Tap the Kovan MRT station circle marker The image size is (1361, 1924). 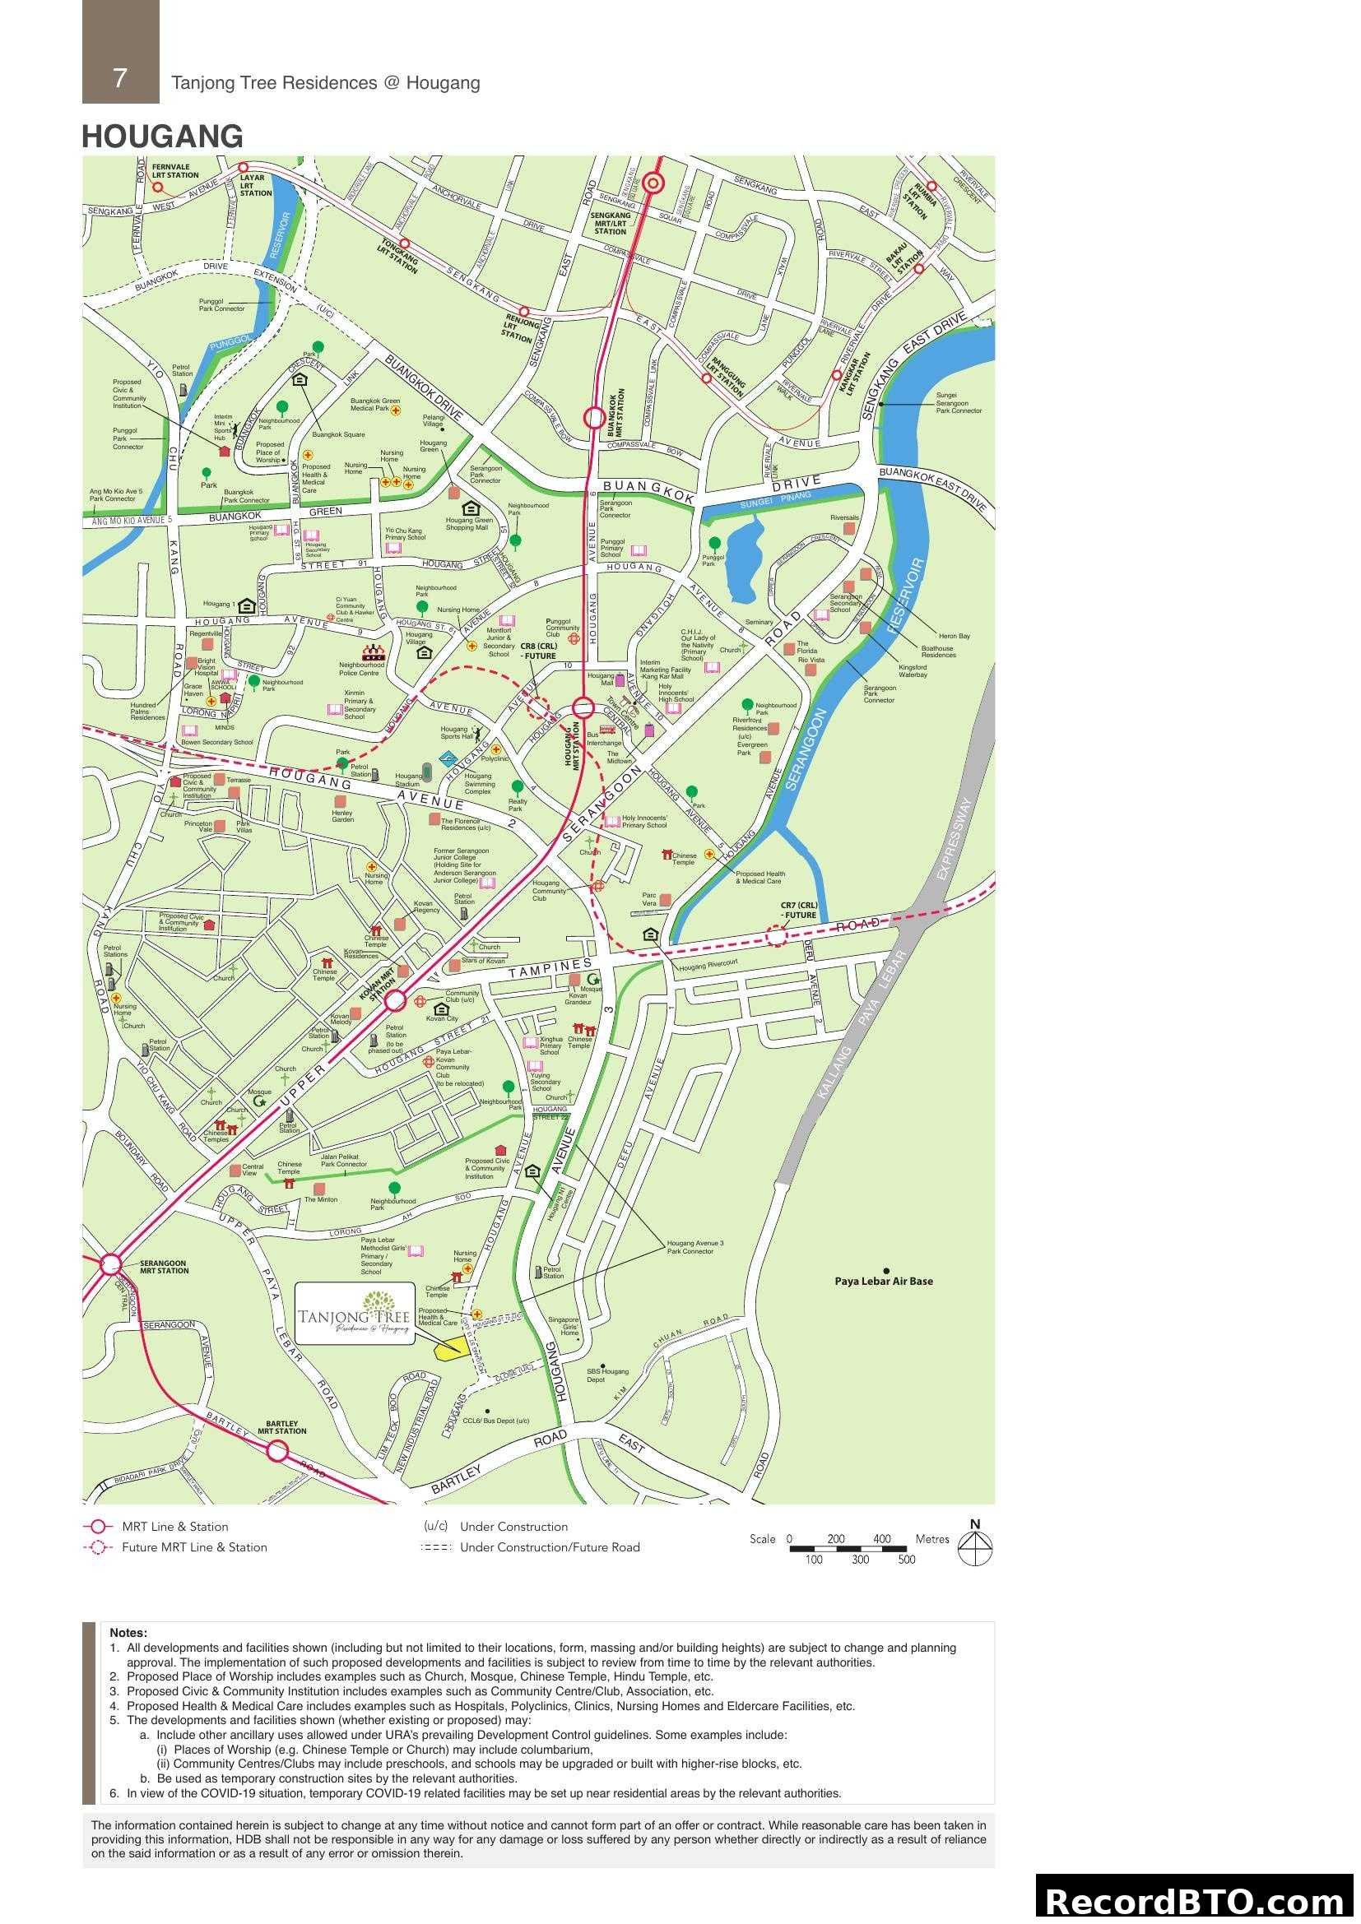pos(396,1000)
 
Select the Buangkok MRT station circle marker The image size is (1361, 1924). pos(594,417)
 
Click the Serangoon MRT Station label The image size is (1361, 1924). pos(164,1267)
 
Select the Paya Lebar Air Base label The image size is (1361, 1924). pos(883,1282)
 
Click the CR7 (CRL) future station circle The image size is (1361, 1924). pos(777,936)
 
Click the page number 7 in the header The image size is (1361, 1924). pos(120,78)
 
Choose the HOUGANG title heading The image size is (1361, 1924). pos(163,137)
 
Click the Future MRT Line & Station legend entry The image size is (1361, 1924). pos(193,1547)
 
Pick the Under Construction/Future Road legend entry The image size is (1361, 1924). pos(549,1547)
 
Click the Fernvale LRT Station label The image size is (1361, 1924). pos(175,171)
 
